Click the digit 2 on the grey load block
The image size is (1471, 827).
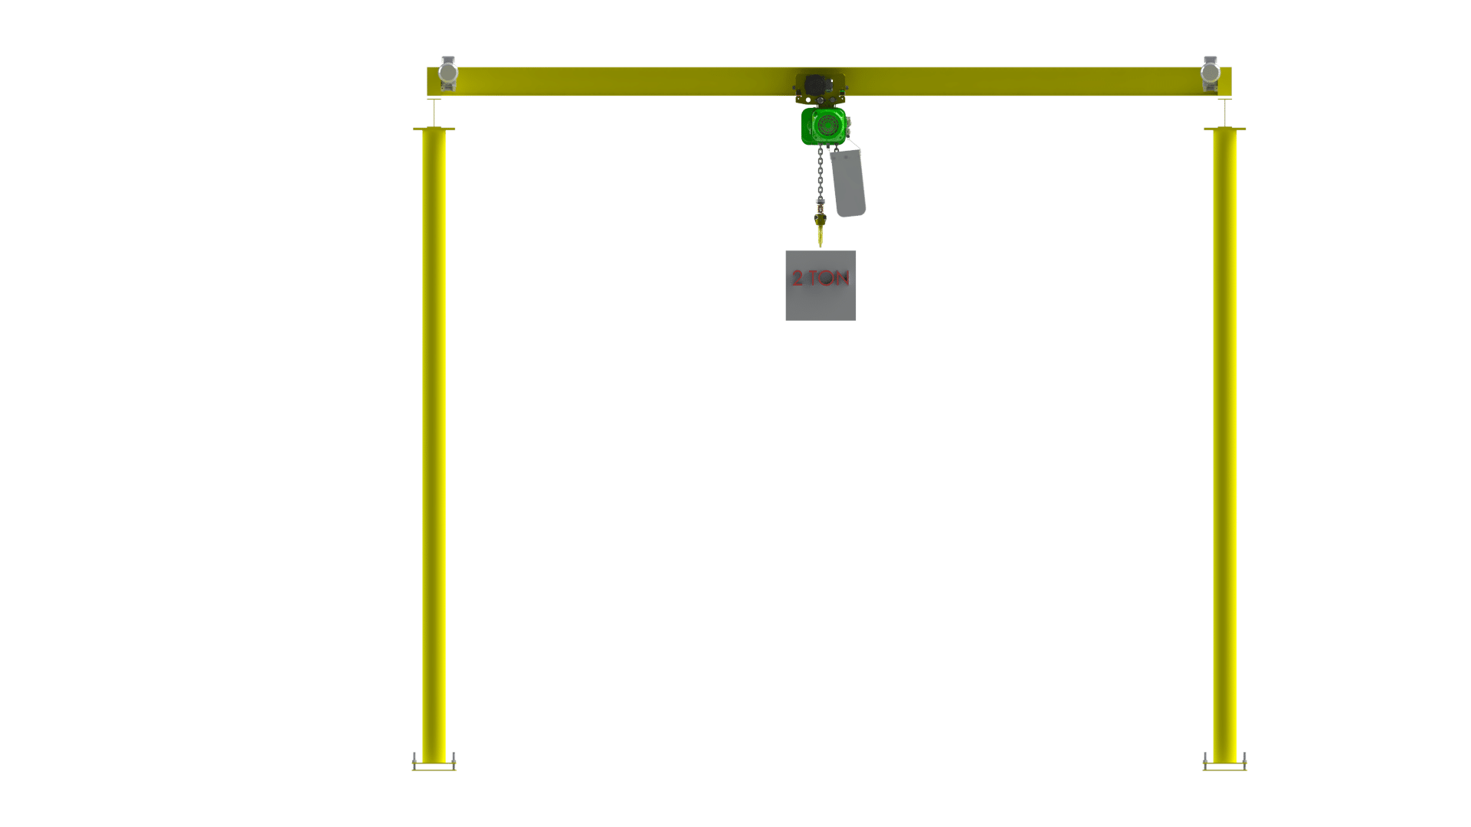[798, 278]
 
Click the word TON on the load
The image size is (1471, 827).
[829, 278]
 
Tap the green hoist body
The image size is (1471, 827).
[824, 126]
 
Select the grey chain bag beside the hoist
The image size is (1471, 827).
[847, 182]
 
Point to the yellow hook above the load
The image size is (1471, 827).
[821, 229]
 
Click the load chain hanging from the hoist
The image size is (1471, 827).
[821, 172]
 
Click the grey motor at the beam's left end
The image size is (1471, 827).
[447, 74]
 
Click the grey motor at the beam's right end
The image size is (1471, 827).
[1211, 74]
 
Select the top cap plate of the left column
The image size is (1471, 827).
[434, 129]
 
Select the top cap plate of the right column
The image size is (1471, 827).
[1224, 129]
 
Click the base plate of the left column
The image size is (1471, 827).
[434, 767]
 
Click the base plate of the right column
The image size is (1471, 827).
[1224, 767]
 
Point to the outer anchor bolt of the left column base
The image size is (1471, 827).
[414, 760]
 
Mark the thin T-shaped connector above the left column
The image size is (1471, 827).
[434, 113]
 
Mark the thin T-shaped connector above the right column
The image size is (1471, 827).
[1224, 113]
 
